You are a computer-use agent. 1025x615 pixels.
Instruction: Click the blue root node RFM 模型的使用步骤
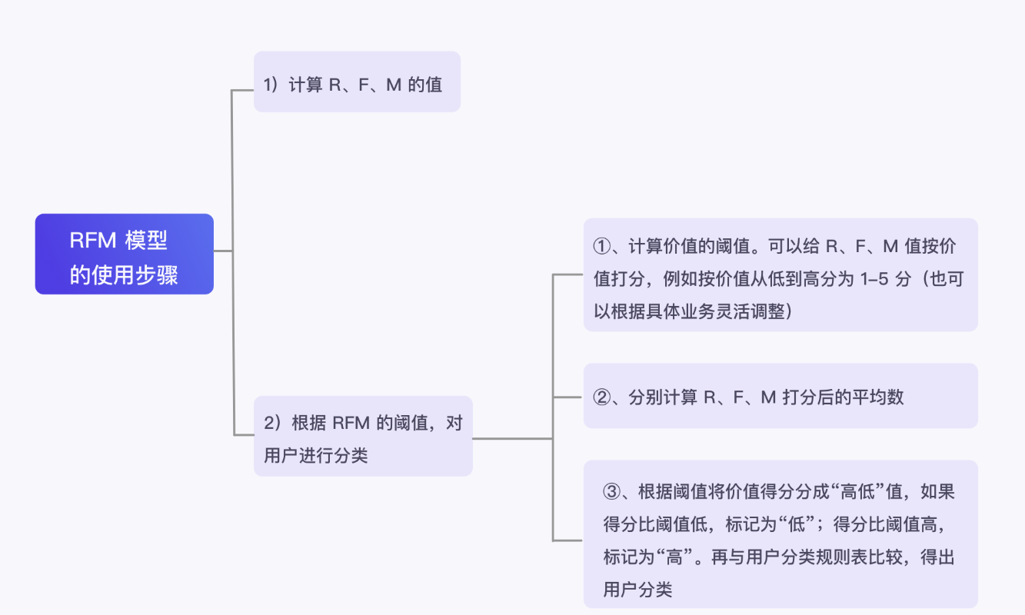(x=124, y=254)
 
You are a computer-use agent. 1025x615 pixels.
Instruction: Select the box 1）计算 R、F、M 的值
(x=357, y=82)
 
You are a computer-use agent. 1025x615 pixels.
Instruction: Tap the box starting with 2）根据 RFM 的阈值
(x=363, y=437)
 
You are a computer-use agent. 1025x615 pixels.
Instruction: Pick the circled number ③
(x=612, y=492)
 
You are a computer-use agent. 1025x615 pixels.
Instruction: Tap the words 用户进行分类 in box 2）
(x=315, y=455)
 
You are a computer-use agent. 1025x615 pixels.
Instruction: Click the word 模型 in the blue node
(x=145, y=241)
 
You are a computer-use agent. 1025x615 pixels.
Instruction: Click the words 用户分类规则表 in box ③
(x=796, y=557)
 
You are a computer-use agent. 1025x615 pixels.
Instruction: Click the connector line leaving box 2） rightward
(x=511, y=438)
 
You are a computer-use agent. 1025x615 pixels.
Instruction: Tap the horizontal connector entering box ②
(x=568, y=397)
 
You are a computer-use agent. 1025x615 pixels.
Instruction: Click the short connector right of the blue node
(x=222, y=251)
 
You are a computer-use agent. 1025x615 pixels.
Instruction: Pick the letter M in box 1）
(x=393, y=85)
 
